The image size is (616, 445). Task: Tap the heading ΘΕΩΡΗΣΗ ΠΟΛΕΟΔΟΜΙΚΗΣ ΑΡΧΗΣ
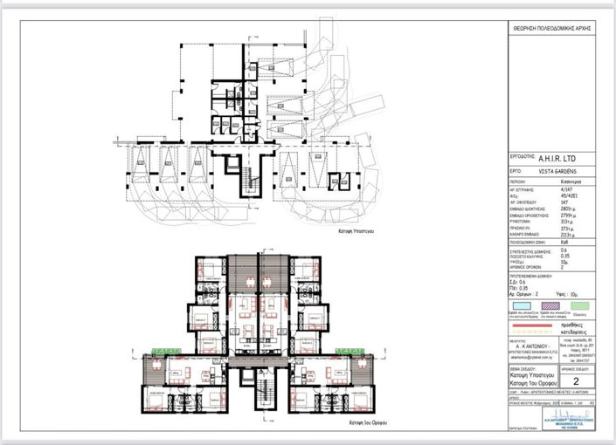click(x=551, y=29)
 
